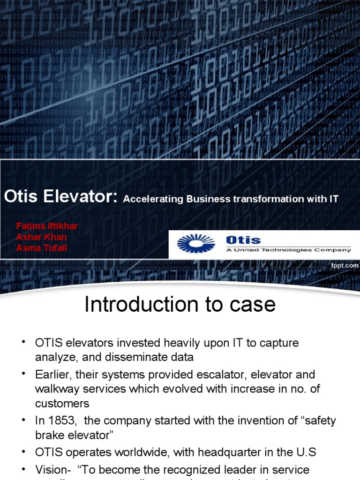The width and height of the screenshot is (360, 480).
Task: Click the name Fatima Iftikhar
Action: [x=47, y=226]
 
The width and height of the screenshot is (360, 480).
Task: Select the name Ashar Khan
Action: [x=41, y=237]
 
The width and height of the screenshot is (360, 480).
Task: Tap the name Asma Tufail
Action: [x=41, y=248]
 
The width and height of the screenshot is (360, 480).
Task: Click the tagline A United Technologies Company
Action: [x=288, y=250]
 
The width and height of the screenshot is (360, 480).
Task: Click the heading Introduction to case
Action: [x=180, y=305]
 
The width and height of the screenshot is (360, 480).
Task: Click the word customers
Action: [x=62, y=403]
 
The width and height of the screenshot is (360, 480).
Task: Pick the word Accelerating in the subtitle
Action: [x=153, y=199]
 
